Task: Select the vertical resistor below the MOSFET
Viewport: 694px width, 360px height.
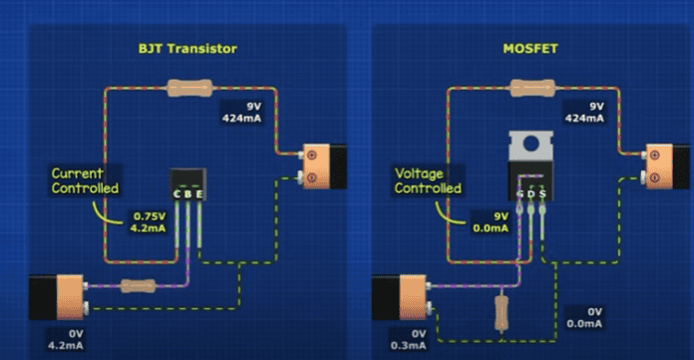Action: coord(501,312)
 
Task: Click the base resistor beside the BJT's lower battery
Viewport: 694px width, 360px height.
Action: coord(136,286)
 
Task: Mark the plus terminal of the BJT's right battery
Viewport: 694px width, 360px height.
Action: coord(311,155)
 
